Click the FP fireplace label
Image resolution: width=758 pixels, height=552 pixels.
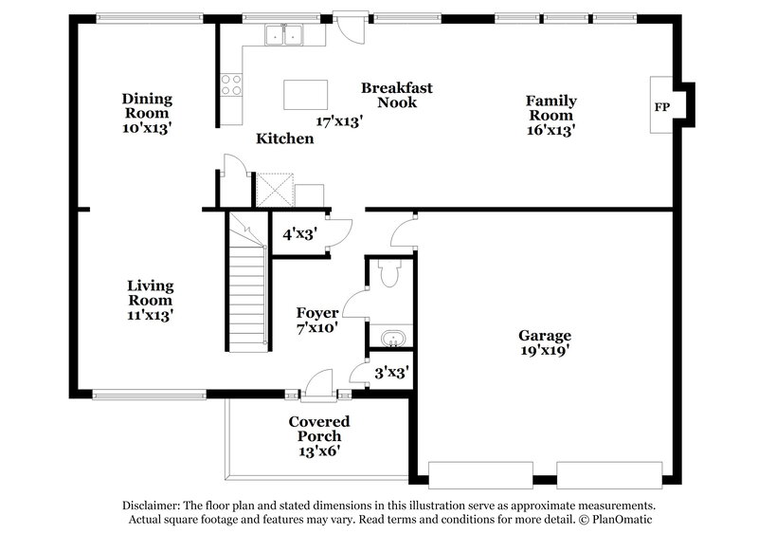[x=661, y=107]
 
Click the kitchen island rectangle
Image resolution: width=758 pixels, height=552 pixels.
[x=306, y=94]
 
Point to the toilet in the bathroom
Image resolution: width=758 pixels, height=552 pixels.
[x=388, y=274]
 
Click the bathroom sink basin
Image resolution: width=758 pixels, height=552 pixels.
[x=389, y=338]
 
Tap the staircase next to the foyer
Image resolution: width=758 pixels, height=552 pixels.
[x=249, y=285]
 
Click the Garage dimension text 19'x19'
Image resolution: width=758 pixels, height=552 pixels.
[x=543, y=350]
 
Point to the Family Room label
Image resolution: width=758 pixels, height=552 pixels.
[x=551, y=107]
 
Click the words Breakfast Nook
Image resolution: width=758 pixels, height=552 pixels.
[x=397, y=95]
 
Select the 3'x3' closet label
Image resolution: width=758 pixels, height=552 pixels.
[x=389, y=373]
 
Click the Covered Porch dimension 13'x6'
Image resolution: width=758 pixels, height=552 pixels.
[x=319, y=451]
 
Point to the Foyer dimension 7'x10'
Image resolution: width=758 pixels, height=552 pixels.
[x=317, y=328]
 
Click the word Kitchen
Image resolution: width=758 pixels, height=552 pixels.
[x=285, y=138]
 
